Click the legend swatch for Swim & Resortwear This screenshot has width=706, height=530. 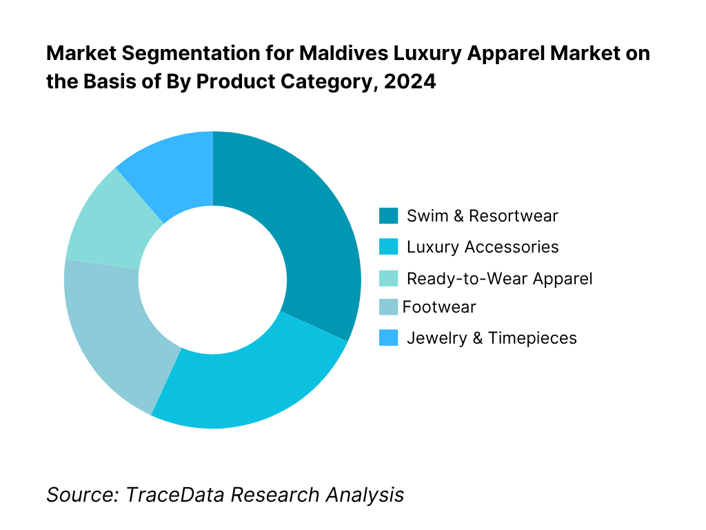(x=389, y=216)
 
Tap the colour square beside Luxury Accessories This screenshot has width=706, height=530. (x=389, y=247)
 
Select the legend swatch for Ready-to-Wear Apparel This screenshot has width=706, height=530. (x=389, y=279)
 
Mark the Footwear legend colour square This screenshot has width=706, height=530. (x=389, y=306)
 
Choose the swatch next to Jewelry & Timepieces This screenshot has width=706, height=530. (x=389, y=337)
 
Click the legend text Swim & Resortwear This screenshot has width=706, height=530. (x=482, y=216)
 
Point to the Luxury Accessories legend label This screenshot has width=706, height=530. (x=483, y=247)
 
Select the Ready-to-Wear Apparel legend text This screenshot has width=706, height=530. (x=499, y=279)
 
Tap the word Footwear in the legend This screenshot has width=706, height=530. (x=439, y=306)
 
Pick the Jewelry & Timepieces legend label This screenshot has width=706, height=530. (x=492, y=337)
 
